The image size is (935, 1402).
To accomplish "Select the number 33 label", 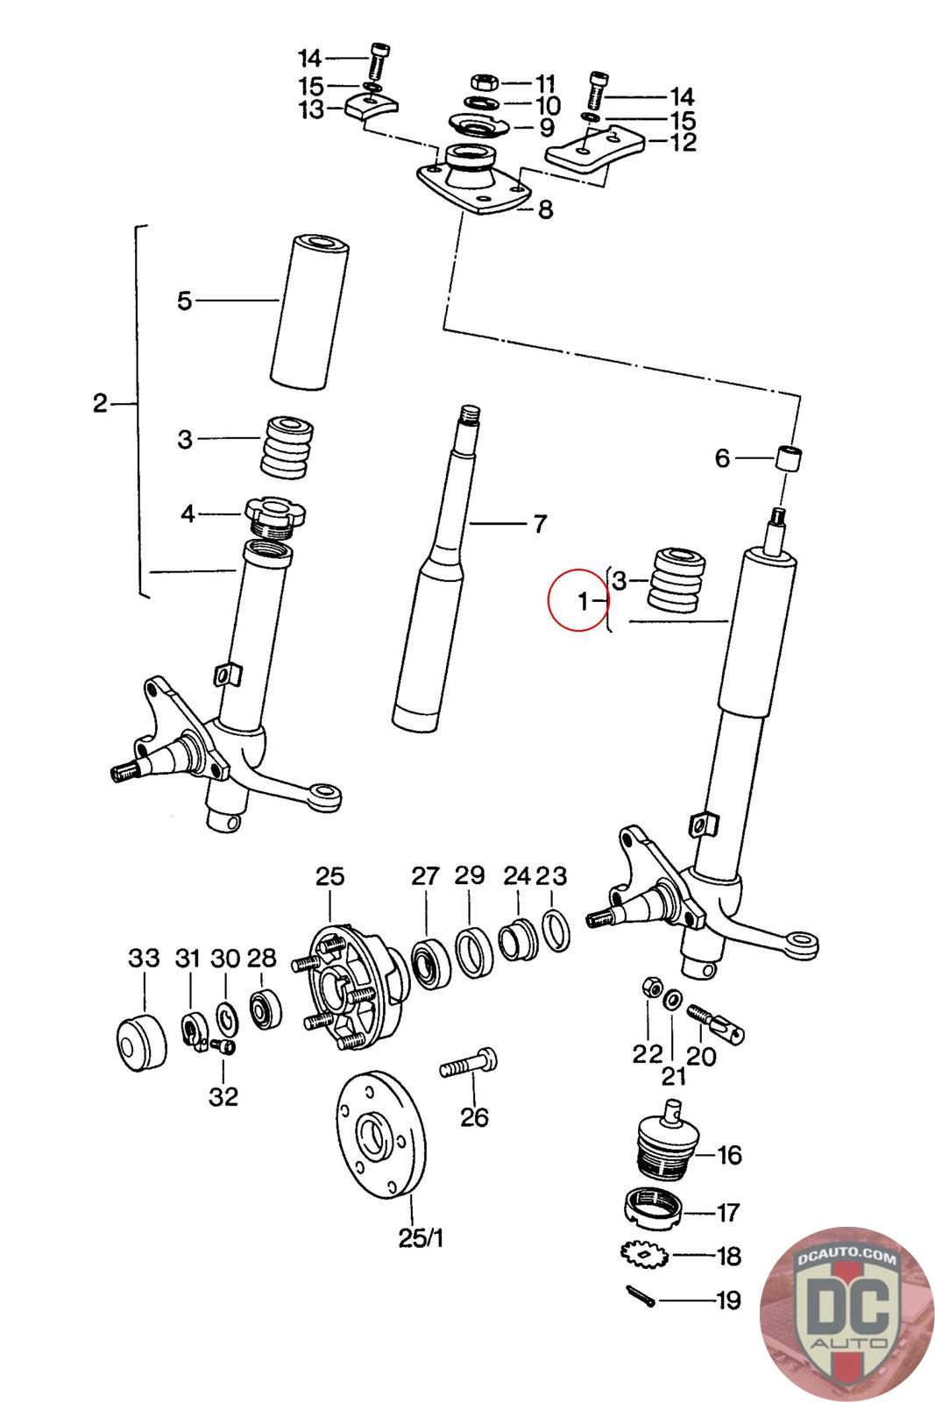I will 145,958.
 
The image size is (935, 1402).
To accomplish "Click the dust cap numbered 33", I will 140,1043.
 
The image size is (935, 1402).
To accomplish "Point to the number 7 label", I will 540,524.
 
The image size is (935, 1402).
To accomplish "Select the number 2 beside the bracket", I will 100,403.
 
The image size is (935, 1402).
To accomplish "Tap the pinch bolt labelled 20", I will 717,1024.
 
